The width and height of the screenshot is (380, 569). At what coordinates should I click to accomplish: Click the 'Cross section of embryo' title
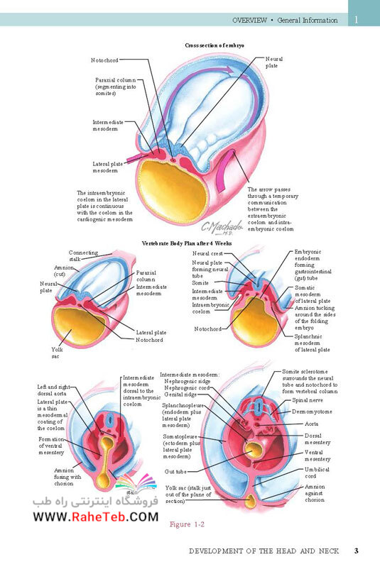pyautogui.click(x=215, y=45)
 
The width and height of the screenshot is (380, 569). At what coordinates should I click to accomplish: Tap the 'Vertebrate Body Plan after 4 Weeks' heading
pyautogui.click(x=186, y=243)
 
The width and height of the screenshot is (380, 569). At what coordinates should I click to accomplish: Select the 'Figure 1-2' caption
pyautogui.click(x=187, y=524)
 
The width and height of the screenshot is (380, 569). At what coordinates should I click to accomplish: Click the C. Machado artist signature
pyautogui.click(x=222, y=228)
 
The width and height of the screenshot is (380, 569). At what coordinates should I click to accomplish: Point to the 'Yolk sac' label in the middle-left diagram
pyautogui.click(x=57, y=353)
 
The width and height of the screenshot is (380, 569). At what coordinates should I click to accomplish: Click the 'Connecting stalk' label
pyautogui.click(x=84, y=255)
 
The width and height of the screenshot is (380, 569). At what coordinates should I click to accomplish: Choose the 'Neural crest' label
pyautogui.click(x=207, y=254)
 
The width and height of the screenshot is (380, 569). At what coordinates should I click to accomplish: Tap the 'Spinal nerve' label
pyautogui.click(x=308, y=400)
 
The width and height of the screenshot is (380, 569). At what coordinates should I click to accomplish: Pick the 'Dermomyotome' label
pyautogui.click(x=312, y=412)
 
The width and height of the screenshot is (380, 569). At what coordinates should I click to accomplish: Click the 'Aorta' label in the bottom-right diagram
pyautogui.click(x=311, y=424)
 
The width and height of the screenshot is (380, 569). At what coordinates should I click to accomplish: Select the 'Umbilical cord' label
pyautogui.click(x=317, y=473)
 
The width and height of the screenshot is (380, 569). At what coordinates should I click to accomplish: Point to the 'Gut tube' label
pyautogui.click(x=175, y=471)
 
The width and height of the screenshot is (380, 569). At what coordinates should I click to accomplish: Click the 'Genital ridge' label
pyautogui.click(x=180, y=394)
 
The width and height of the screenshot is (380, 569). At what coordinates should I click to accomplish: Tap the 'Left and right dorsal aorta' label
pyautogui.click(x=54, y=390)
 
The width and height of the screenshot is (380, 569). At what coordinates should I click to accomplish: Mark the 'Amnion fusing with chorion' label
pyautogui.click(x=65, y=477)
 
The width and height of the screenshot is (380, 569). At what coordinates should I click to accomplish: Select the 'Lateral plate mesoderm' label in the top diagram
pyautogui.click(x=108, y=167)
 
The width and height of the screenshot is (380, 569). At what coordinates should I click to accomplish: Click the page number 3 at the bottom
pyautogui.click(x=357, y=551)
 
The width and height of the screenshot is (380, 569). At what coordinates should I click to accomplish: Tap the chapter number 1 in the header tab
pyautogui.click(x=357, y=20)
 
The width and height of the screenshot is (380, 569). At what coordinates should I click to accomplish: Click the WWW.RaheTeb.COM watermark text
pyautogui.click(x=96, y=516)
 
